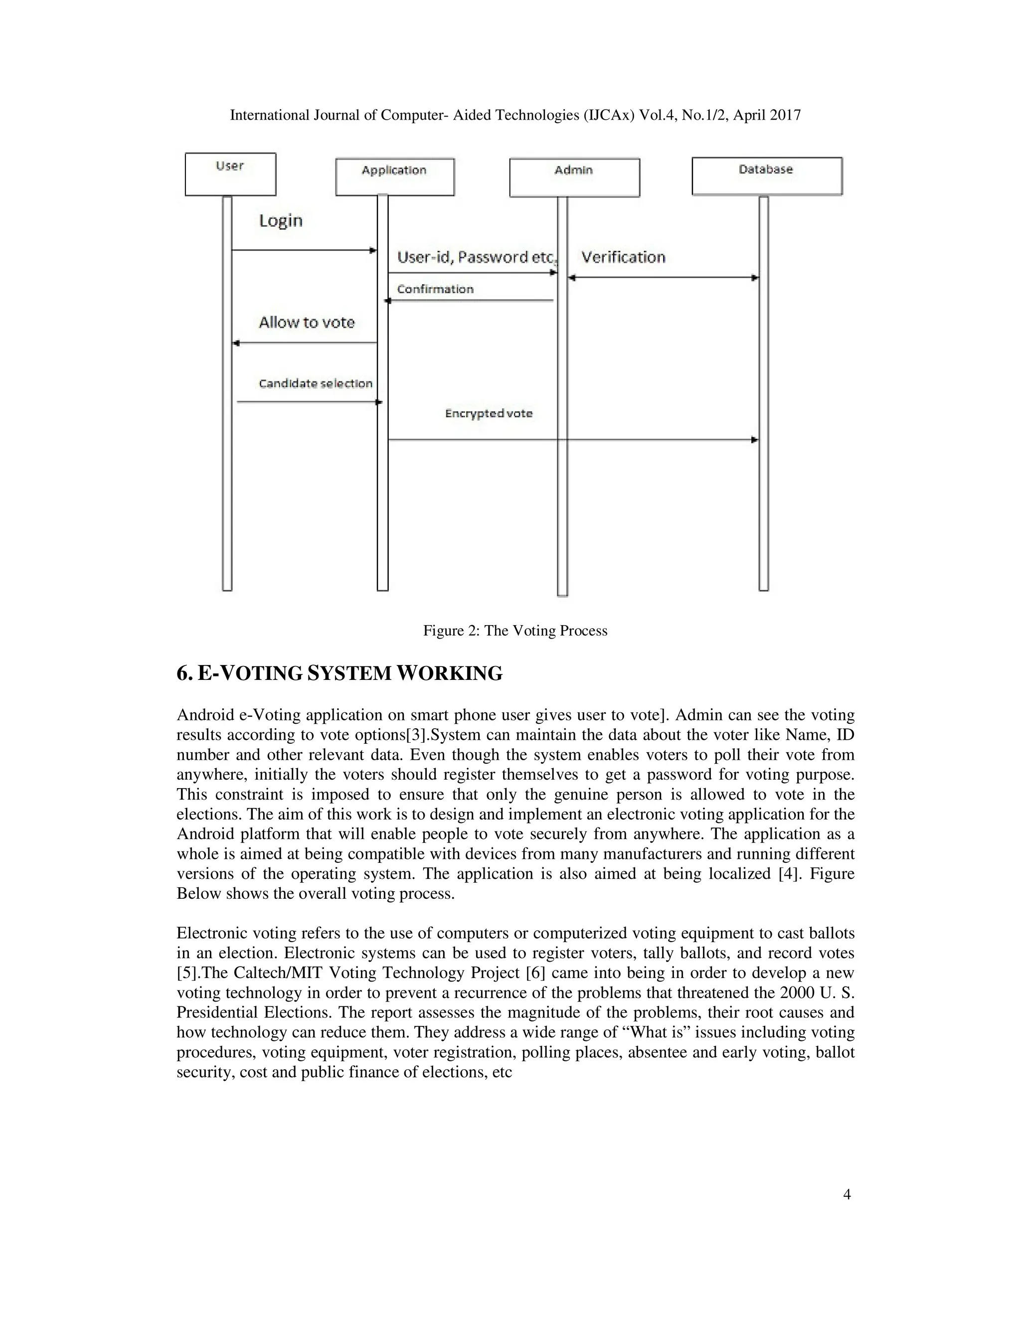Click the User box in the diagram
[x=230, y=173]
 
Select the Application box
[x=394, y=176]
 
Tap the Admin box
[x=574, y=177]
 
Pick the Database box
[x=766, y=176]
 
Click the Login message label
[x=281, y=220]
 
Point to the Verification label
[x=623, y=257]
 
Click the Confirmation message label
[x=435, y=289]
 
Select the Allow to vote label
[x=307, y=323]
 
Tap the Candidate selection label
[x=315, y=383]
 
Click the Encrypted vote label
[x=489, y=414]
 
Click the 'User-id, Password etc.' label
[x=476, y=258]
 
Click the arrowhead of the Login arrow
[x=373, y=250]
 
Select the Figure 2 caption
[x=514, y=631]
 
